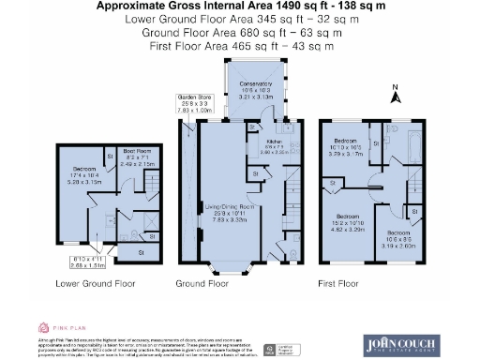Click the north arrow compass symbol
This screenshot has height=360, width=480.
pos(396,93)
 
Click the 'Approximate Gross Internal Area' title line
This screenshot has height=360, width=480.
pos(242,6)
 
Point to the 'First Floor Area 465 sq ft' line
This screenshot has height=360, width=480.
pos(242,44)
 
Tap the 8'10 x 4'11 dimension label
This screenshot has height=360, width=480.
pos(80,260)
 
